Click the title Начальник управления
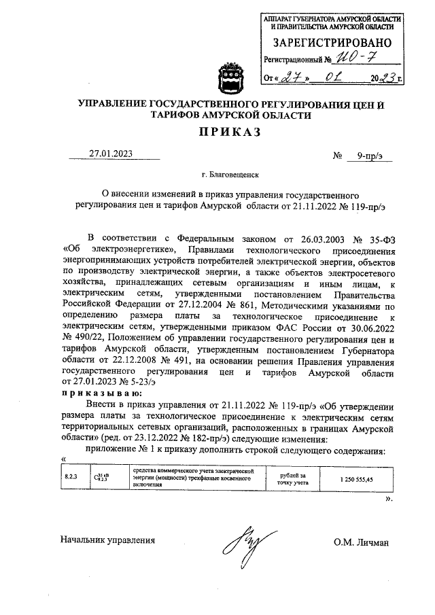[107, 541]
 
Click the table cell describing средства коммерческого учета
[194, 478]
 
